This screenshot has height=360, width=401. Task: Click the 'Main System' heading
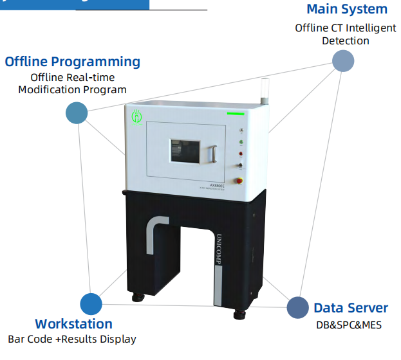(346, 10)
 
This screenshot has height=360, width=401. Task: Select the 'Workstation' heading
(73, 324)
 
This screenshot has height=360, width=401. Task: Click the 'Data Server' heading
(351, 308)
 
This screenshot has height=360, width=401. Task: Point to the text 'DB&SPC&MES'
(348, 325)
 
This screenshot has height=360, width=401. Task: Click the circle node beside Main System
(343, 61)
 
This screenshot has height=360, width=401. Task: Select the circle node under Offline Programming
(77, 113)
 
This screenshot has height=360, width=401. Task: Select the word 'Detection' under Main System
(346, 40)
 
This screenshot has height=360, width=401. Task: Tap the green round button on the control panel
(241, 142)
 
